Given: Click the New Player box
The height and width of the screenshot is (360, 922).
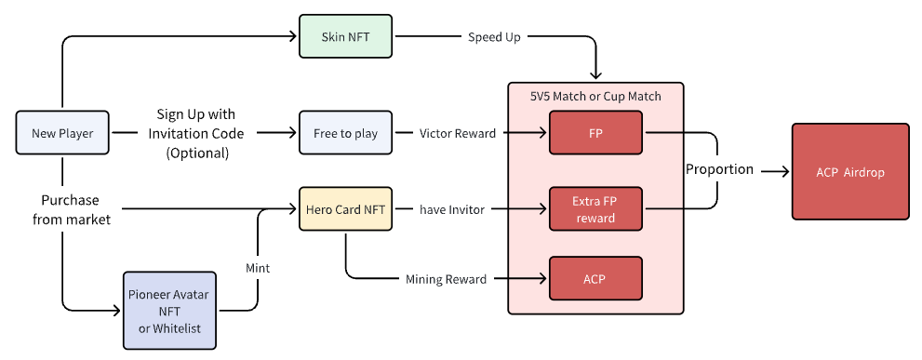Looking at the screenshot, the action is (x=61, y=133).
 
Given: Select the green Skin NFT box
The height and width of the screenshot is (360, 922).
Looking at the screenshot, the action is (x=345, y=36).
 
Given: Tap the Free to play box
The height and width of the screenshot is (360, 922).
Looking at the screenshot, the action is (x=345, y=133).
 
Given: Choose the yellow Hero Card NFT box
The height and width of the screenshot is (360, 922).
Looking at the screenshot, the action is (x=345, y=208).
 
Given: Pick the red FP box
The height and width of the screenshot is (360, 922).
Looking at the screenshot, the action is (x=595, y=133).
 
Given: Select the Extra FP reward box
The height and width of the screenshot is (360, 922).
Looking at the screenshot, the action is (x=595, y=208).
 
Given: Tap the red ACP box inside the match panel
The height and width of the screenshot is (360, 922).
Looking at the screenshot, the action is (x=595, y=278).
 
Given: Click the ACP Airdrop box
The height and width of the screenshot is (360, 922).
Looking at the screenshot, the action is (x=850, y=172).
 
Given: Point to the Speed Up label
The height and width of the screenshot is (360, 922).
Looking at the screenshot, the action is (x=494, y=37).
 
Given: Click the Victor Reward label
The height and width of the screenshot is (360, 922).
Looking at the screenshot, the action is (x=458, y=134).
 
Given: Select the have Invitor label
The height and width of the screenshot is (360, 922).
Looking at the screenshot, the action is (x=451, y=209).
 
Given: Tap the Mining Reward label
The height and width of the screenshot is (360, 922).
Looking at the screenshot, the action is (x=447, y=279).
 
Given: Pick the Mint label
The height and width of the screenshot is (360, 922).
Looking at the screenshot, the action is (x=258, y=268).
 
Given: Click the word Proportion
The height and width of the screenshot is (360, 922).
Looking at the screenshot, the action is (x=720, y=169).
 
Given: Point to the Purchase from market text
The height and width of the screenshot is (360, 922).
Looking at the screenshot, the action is (x=72, y=210).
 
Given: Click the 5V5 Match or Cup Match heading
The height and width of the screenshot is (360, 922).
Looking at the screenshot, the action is (x=595, y=96).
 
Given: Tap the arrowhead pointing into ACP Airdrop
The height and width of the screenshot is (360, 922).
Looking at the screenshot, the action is (x=785, y=171).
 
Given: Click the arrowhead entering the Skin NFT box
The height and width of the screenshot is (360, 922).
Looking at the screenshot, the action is (x=293, y=36).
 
